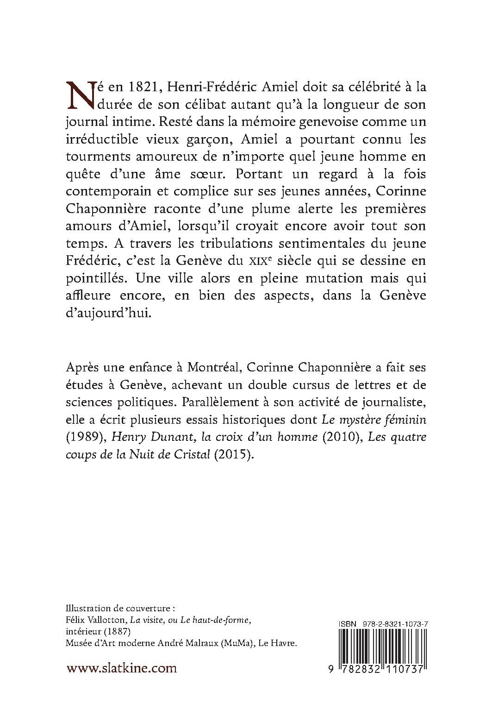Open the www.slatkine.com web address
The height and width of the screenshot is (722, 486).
[122, 668]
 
